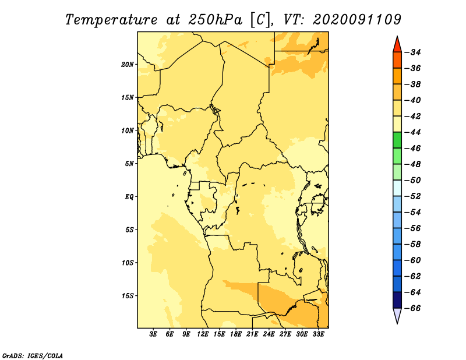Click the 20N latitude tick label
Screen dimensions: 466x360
[x=128, y=65]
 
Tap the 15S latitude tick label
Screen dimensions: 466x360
[x=128, y=296]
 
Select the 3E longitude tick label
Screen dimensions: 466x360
[x=153, y=334]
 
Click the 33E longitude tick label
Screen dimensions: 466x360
[x=318, y=334]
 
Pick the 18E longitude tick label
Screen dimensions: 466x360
[x=236, y=334]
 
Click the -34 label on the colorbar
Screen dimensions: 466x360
[x=413, y=52]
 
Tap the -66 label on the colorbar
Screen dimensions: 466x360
[x=413, y=308]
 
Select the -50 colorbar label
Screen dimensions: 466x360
[x=413, y=180]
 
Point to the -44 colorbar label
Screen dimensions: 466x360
[x=413, y=132]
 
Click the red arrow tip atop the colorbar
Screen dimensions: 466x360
[x=397, y=37]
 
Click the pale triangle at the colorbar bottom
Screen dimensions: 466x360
[x=397, y=316]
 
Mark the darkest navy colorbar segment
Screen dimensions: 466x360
[x=397, y=300]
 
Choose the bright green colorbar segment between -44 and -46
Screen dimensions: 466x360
[x=397, y=140]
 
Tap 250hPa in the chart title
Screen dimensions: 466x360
[x=215, y=20]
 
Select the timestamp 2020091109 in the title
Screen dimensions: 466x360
[x=357, y=20]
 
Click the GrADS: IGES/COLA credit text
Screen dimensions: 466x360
[x=33, y=355]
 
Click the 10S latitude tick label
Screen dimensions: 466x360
[x=128, y=263]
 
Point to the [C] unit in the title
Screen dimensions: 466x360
[x=260, y=20]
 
